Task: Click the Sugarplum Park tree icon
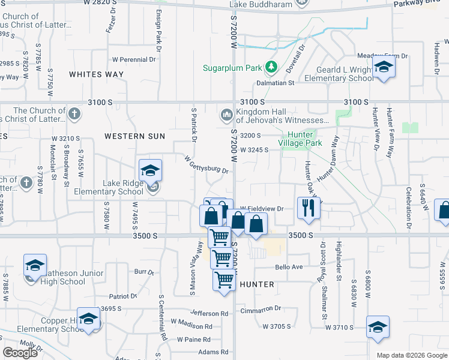271,67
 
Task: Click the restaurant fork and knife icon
309,208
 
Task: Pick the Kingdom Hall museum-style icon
226,114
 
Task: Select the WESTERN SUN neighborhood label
134,136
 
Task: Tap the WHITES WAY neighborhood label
96,74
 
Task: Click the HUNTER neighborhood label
257,284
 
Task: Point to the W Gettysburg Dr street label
206,166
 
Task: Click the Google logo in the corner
20,352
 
